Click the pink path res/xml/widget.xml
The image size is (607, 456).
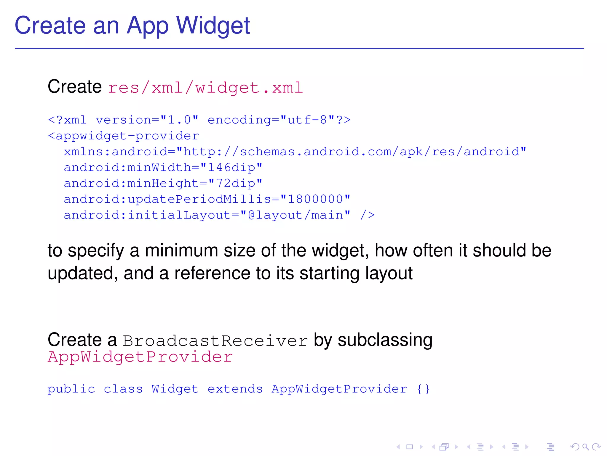coord(205,88)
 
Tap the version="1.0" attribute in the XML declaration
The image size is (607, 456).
coord(147,120)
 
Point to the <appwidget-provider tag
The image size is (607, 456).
coord(123,136)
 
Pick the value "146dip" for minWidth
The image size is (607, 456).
coord(231,167)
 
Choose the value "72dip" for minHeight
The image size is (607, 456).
coord(235,183)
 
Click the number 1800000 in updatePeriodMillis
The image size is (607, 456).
coord(315,199)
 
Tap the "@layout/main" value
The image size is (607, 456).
coord(295,215)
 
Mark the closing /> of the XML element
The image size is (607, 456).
coord(368,215)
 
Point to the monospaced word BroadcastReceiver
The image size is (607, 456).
coord(215,341)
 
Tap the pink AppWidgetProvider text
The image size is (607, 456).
coord(140,357)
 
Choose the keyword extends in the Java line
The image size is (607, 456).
coord(235,389)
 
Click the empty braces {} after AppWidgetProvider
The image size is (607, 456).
coord(423,389)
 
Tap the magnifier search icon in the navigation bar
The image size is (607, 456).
coord(585,447)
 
